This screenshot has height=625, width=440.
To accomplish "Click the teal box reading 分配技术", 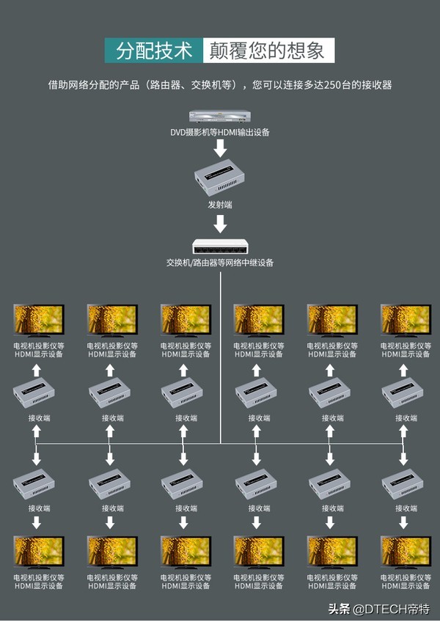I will click(x=153, y=51).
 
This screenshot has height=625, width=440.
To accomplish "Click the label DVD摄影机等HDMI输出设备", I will click(x=220, y=133).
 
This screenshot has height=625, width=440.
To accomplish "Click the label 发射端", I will click(x=220, y=205).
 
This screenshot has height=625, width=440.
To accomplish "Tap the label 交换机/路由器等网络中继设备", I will click(x=220, y=263).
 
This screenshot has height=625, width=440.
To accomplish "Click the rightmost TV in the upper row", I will click(x=405, y=321).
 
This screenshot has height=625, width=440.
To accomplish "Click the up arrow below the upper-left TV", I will click(x=37, y=370).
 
